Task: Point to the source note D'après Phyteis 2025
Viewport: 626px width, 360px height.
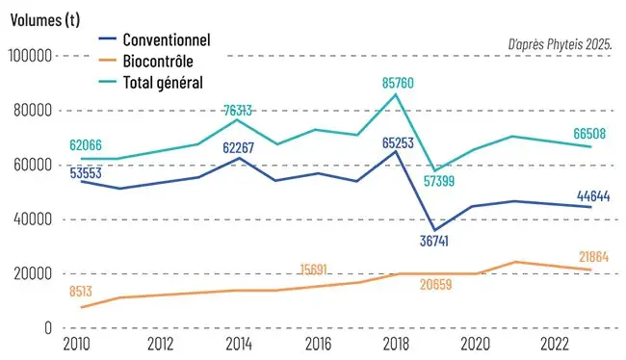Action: (560, 44)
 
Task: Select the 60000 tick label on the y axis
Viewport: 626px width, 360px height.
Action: (31, 165)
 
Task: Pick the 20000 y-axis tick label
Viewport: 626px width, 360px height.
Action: (31, 273)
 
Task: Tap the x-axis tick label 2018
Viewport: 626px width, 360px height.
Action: (395, 345)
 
